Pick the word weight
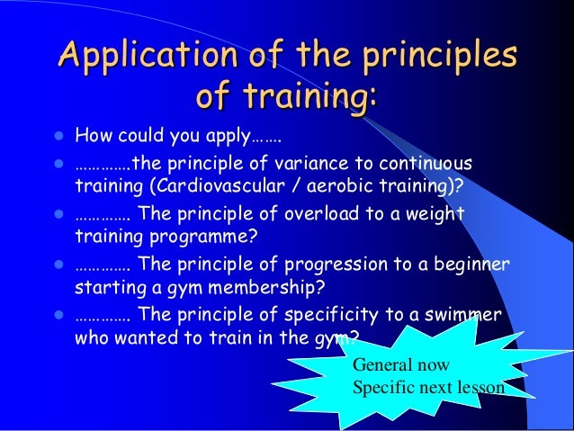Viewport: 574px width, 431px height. pyautogui.click(x=437, y=215)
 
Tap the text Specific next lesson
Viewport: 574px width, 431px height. pyautogui.click(x=427, y=389)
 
